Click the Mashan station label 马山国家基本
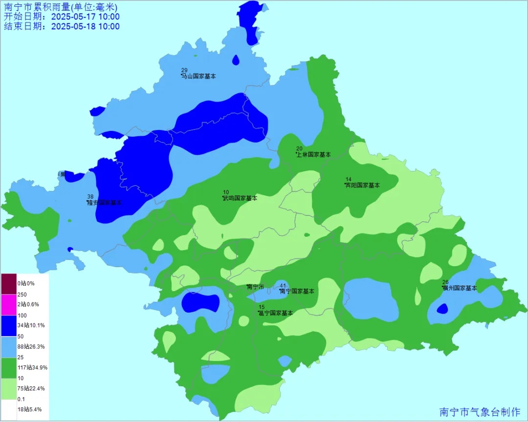[198, 76]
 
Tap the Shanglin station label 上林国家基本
[314, 154]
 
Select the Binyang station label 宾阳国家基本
[362, 185]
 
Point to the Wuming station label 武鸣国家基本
[240, 198]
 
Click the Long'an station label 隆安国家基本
[104, 202]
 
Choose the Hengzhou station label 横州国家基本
[460, 288]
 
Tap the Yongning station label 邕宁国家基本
[276, 313]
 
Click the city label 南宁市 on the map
[256, 287]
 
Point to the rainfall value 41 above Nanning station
[283, 285]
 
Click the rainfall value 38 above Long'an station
[90, 196]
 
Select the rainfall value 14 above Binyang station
[349, 179]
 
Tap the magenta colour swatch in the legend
[9, 304]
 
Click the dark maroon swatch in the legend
[9, 283]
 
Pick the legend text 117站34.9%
[32, 367]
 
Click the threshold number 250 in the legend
[22, 294]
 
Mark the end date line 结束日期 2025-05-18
[62, 26]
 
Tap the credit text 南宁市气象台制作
[480, 412]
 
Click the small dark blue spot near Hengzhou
[442, 309]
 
